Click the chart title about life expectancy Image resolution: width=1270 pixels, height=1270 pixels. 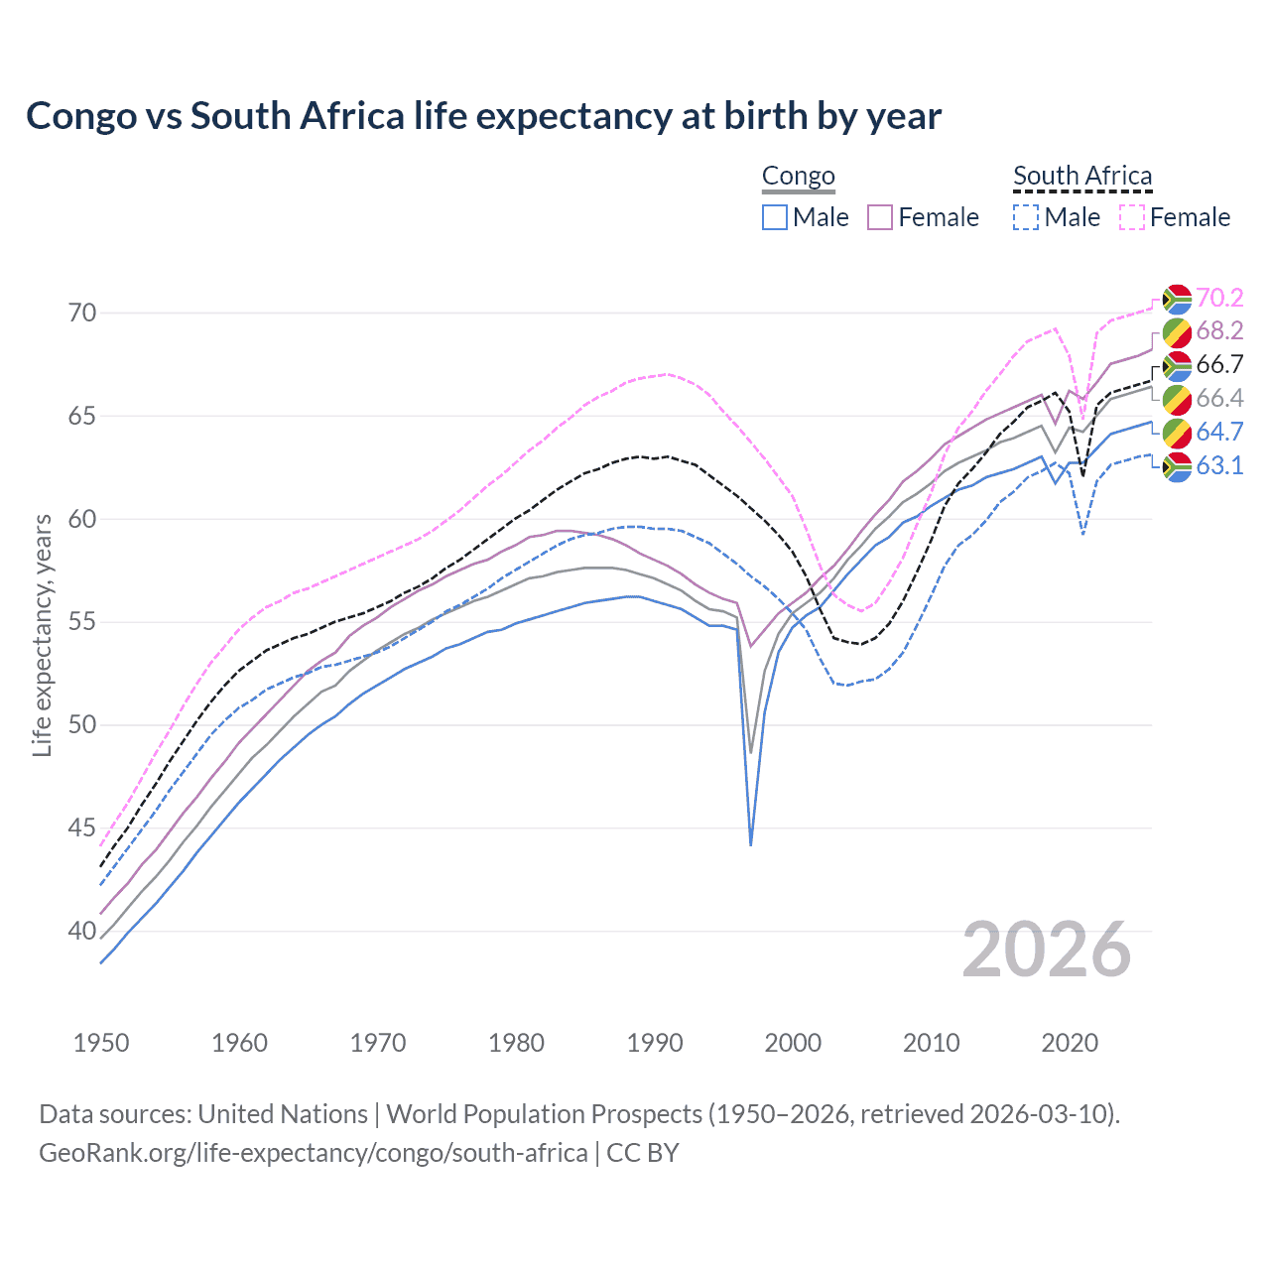point(483,116)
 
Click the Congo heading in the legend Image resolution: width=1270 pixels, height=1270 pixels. point(799,177)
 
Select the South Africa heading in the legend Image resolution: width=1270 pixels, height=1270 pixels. point(1082,177)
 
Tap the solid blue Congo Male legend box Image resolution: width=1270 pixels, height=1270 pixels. point(775,217)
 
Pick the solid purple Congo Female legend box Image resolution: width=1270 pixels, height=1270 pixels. point(880,217)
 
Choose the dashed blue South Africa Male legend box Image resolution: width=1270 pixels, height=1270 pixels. point(1026,217)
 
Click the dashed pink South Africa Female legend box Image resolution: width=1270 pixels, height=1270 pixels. point(1132,217)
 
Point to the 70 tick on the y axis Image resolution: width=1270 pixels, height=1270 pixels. point(82,313)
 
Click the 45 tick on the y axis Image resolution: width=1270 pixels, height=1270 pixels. point(82,827)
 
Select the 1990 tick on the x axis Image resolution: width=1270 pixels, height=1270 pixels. point(655,1043)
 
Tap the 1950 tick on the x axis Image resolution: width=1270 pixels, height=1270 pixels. point(101,1043)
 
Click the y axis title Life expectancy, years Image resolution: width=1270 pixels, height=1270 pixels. point(42,635)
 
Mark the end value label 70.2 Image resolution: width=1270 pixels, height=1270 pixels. point(1219,298)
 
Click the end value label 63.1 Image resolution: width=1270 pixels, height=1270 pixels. point(1219,465)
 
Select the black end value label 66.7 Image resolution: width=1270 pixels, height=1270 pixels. point(1219,364)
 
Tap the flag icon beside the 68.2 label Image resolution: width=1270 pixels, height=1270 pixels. point(1177,331)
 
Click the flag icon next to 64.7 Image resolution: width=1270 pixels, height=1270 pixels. point(1177,433)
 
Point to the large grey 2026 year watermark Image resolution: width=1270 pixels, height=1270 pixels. point(1047,950)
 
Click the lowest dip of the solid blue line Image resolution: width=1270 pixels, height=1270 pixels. point(751,844)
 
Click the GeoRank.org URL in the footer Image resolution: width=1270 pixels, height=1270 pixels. point(313,1153)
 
